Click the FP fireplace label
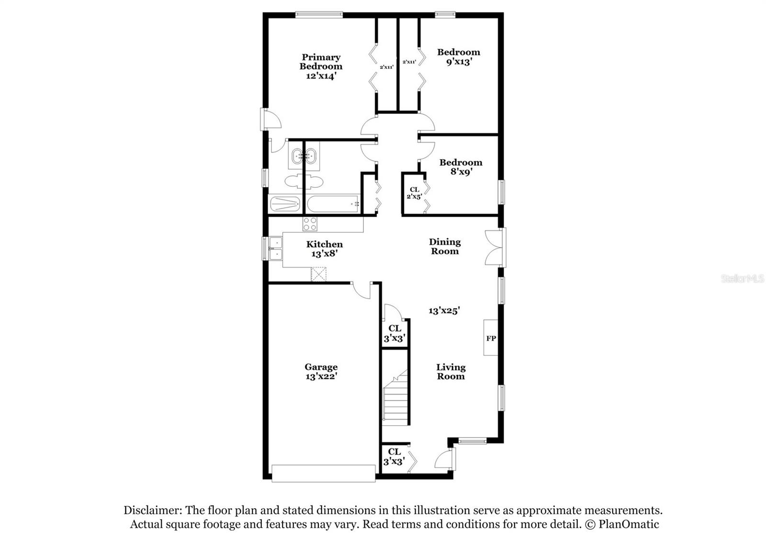pyautogui.click(x=491, y=338)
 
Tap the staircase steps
pyautogui.click(x=395, y=400)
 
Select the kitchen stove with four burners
pyautogui.click(x=309, y=224)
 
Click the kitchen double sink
pyautogui.click(x=275, y=249)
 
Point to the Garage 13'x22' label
pyautogui.click(x=321, y=372)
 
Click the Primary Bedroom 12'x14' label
pyautogui.click(x=321, y=66)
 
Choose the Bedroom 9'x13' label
pyautogui.click(x=459, y=57)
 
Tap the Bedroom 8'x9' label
pyautogui.click(x=461, y=167)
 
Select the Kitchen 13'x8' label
pyautogui.click(x=325, y=249)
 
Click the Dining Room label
pyautogui.click(x=445, y=246)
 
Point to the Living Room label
pyautogui.click(x=451, y=372)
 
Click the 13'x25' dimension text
pyautogui.click(x=444, y=310)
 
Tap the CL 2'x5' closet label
pyautogui.click(x=414, y=193)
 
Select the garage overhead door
pyautogui.click(x=324, y=473)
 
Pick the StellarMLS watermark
pyautogui.click(x=742, y=279)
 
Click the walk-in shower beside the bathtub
pyautogui.click(x=285, y=204)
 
